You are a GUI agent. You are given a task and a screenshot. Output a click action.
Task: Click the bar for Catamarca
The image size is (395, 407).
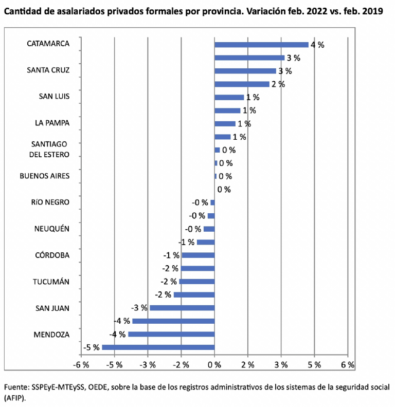coord(261,45)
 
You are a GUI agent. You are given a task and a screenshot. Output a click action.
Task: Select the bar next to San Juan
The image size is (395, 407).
coord(182,308)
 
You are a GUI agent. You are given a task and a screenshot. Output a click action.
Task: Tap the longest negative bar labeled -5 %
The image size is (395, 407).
coord(158,347)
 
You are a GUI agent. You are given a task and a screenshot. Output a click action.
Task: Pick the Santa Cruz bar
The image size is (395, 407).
coord(245,71)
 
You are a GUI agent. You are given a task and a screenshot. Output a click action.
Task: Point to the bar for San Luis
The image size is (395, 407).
coord(229,97)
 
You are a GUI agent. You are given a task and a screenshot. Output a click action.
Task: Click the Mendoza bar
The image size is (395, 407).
coord(171,334)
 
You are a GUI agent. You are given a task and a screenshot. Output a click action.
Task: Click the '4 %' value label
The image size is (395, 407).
coord(317,45)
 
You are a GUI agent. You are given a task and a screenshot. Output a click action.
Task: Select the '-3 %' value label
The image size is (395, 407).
coord(140,308)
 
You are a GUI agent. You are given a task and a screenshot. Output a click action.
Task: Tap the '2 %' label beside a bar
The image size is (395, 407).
coord(278,84)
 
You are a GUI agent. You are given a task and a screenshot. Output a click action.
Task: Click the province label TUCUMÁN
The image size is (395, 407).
coord(51,282)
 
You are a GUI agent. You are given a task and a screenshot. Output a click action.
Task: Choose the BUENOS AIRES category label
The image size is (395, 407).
coord(44,176)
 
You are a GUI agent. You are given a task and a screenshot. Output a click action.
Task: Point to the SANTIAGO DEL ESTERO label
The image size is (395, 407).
coord(50,150)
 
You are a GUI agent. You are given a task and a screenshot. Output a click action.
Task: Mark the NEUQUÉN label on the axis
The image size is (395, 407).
coord(51,229)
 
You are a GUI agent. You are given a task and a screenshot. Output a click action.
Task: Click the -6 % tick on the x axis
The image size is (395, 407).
coord(81,365)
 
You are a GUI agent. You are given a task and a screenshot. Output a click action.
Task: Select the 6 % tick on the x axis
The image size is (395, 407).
coord(348,365)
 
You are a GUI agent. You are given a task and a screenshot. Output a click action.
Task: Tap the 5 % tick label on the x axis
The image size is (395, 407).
coord(314,365)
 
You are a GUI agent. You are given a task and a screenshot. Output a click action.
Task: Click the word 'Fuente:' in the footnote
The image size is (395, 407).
coord(15,387)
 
